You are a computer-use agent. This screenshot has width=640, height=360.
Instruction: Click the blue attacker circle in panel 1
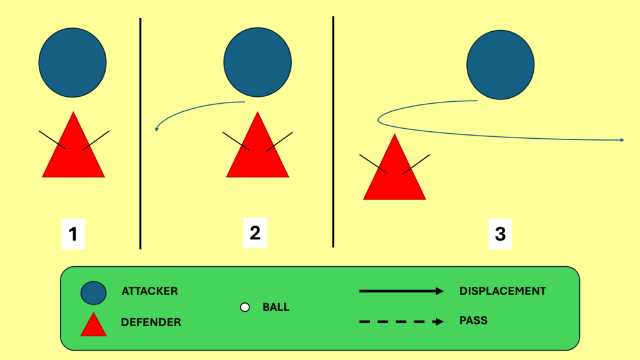coord(72,62)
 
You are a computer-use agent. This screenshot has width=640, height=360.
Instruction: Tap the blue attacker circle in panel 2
coord(257,62)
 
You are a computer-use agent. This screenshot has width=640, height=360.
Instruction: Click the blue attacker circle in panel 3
coord(500,66)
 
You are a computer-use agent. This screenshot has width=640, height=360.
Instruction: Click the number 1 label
coord(73,234)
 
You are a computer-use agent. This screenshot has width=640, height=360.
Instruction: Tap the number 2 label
coord(254,232)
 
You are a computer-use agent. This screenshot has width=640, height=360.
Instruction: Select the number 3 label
coord(500,234)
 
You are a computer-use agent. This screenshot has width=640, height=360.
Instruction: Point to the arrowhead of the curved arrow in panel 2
coord(157,129)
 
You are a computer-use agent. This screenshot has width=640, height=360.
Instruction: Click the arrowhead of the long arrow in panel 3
coord(622,140)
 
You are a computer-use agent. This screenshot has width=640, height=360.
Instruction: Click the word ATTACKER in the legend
coord(149,291)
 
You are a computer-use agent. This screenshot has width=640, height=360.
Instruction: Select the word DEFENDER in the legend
coord(151,322)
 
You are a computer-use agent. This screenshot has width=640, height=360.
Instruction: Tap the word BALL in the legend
coord(276,307)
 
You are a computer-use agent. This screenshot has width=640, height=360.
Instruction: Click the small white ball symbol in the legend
coord(245,307)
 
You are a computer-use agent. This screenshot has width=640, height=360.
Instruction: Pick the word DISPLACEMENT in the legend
coord(502,291)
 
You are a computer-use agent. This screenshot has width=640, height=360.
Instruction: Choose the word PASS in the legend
coord(473,321)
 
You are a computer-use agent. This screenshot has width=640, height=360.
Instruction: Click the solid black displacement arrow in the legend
coord(400,291)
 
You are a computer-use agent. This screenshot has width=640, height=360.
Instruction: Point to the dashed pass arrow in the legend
coord(400,321)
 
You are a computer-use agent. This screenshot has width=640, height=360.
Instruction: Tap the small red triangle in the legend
coord(93,325)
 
